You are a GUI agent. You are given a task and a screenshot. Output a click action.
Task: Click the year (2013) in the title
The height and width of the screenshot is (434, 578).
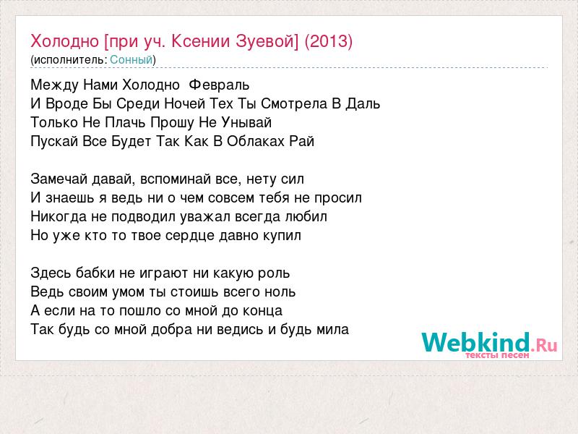coord(329,41)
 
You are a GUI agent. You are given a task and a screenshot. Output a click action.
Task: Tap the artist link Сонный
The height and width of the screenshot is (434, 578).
coord(131,60)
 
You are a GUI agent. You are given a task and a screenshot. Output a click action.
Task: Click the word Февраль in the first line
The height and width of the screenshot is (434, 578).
coord(219,85)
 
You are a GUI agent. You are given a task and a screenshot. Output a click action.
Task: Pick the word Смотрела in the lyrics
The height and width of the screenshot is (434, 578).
coord(294,103)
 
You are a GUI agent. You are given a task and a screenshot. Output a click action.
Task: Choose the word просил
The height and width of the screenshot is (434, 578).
coord(338,198)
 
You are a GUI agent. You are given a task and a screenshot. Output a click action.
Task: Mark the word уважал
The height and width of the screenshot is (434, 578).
coord(204,217)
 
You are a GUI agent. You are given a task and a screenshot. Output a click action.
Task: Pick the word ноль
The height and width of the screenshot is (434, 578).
coord(280,292)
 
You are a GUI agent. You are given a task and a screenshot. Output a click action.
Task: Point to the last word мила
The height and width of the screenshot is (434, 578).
coord(332,330)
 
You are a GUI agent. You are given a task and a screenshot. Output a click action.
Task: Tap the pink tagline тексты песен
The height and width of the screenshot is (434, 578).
coord(497,355)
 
